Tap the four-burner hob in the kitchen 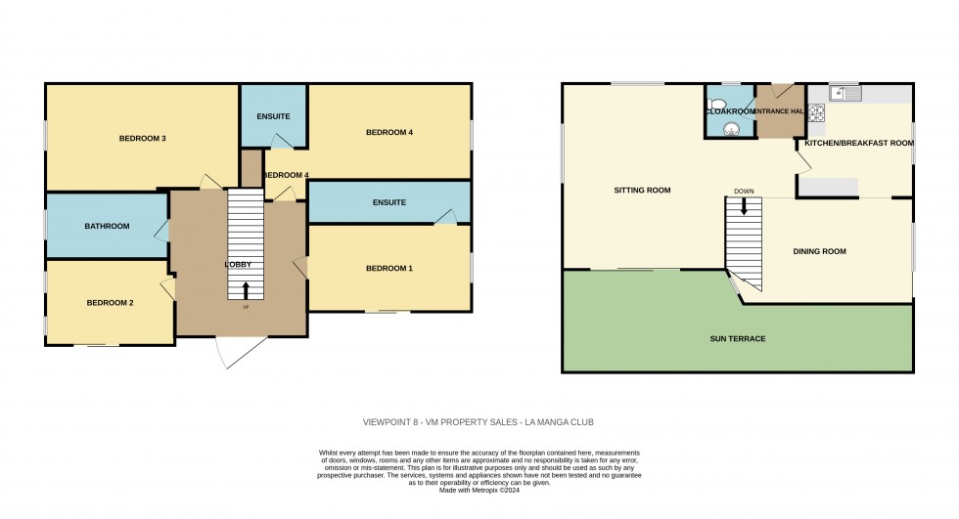(815, 112)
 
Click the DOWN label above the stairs (744, 192)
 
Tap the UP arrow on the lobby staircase (246, 289)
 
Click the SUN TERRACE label (737, 338)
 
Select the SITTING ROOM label (642, 190)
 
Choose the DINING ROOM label (818, 251)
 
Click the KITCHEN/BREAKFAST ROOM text (858, 144)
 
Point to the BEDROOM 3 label (142, 139)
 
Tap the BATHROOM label (107, 227)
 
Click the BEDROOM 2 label (110, 303)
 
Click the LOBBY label (238, 265)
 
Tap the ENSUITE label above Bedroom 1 (388, 202)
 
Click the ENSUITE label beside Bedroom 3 (273, 117)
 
